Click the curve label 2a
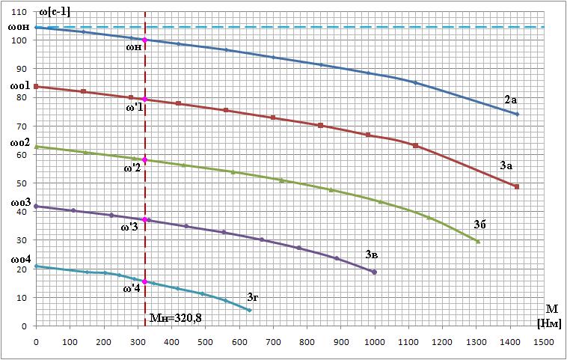[511, 100]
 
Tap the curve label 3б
[480, 223]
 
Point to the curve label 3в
[372, 254]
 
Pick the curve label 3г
[254, 297]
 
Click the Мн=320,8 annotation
[176, 317]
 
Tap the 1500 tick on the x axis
[543, 341]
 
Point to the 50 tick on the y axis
[22, 183]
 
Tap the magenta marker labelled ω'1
[145, 100]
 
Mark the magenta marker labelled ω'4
[145, 282]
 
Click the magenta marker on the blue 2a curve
[145, 40]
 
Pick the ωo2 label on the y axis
[19, 142]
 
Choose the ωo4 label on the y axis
[19, 259]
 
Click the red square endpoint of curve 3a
[516, 186]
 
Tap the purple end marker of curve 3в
[374, 272]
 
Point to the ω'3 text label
[129, 226]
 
